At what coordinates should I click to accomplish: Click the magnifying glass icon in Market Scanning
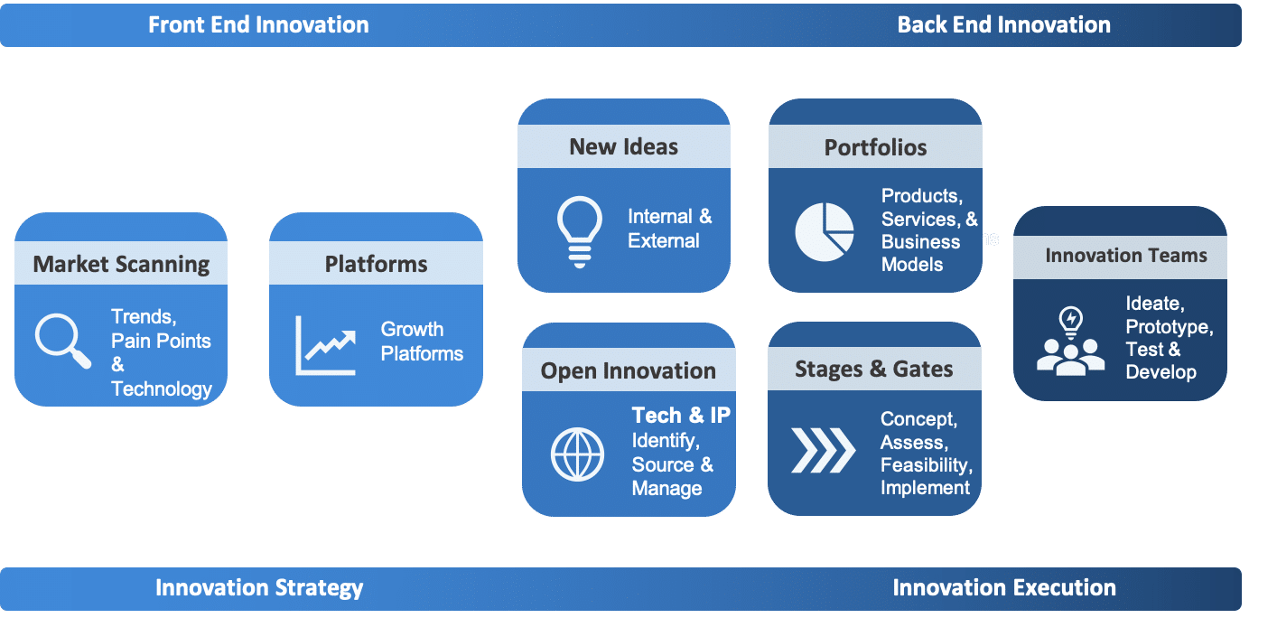(x=62, y=341)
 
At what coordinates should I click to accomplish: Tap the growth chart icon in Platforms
(x=325, y=345)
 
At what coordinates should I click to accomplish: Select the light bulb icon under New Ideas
(x=579, y=232)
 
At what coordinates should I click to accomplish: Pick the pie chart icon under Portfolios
(x=825, y=232)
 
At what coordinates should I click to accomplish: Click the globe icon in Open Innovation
(x=577, y=454)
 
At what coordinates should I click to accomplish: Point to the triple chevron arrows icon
(x=824, y=450)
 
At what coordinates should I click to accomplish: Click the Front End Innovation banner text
(x=258, y=25)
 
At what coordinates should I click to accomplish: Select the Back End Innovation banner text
(x=1004, y=25)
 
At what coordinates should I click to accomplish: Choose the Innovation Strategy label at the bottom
(x=259, y=588)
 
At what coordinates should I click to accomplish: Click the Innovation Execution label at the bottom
(x=1004, y=588)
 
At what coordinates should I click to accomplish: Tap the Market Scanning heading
(x=121, y=265)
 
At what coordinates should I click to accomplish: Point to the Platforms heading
(x=377, y=264)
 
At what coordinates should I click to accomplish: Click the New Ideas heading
(x=624, y=147)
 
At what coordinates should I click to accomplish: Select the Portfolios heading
(x=876, y=147)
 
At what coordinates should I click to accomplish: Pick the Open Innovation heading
(x=629, y=371)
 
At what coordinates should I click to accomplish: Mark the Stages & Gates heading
(x=874, y=370)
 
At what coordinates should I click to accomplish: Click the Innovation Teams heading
(x=1126, y=256)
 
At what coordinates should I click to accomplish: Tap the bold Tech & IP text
(x=681, y=415)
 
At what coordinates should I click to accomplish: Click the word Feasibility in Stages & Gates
(x=927, y=465)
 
